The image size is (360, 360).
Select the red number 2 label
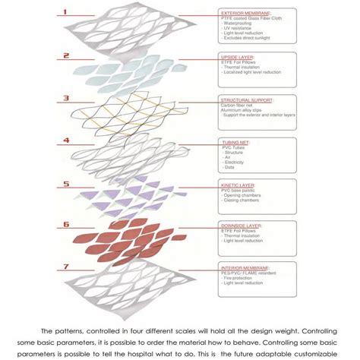pos(67,55)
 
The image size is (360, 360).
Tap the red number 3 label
pos(67,98)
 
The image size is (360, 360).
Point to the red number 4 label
pos(67,141)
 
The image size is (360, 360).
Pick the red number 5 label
pos(67,183)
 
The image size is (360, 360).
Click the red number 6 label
pos(67,225)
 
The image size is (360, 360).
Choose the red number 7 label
pos(67,267)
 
